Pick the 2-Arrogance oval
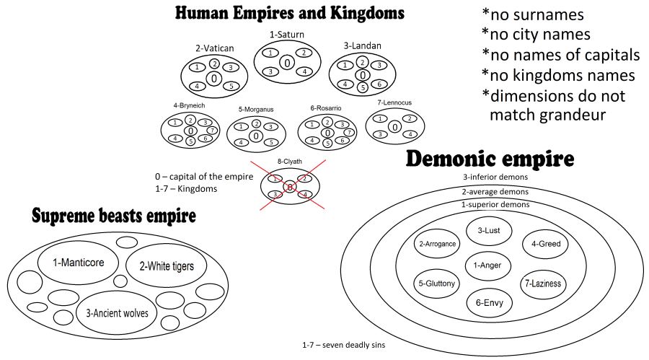click(437, 244)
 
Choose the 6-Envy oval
click(489, 302)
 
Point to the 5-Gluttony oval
click(436, 284)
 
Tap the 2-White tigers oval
click(165, 266)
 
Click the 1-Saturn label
click(287, 34)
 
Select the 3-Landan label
click(362, 46)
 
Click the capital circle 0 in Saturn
click(287, 63)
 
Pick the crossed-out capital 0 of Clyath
click(288, 187)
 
